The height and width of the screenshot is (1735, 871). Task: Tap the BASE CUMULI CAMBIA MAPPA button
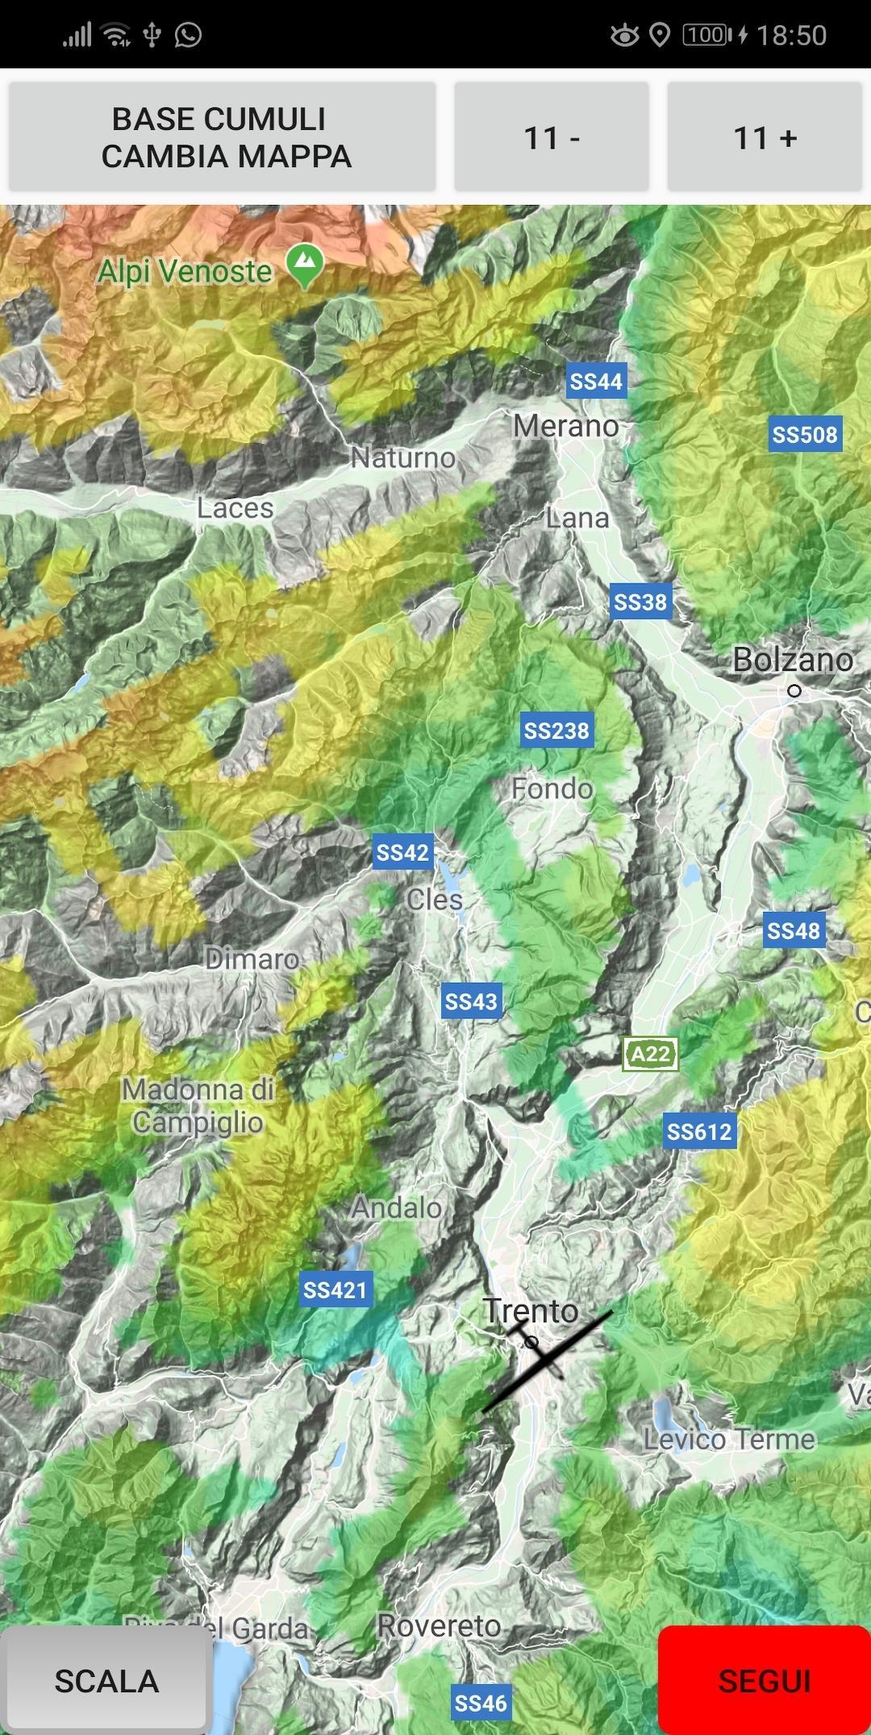click(222, 137)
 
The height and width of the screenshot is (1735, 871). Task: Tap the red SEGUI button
click(763, 1681)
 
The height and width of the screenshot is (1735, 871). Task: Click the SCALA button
click(106, 1682)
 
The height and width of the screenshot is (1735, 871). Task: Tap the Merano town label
click(566, 426)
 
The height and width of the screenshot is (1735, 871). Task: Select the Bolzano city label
click(792, 660)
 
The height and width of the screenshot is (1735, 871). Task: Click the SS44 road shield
click(596, 382)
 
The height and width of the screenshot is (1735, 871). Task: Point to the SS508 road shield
click(805, 435)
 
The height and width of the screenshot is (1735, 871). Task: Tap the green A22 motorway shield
click(650, 1054)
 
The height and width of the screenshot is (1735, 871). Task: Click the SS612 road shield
click(699, 1132)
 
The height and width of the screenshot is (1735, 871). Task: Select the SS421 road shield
click(335, 1290)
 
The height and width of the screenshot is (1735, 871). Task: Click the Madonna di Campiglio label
click(198, 1106)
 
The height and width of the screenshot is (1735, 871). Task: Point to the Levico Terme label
click(729, 1439)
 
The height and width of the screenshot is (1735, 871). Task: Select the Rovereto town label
click(440, 1626)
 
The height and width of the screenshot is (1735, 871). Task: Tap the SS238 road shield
click(556, 731)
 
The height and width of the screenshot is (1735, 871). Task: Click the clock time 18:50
click(791, 36)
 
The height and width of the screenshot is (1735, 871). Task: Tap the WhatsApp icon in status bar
click(188, 35)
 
